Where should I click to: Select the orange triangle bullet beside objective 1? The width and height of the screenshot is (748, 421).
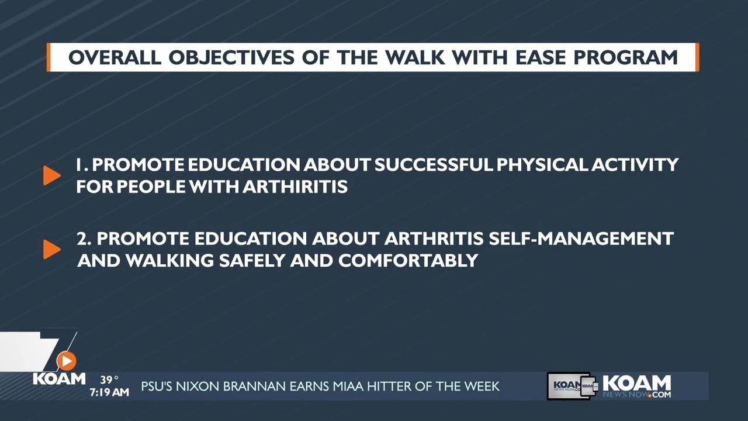(51, 175)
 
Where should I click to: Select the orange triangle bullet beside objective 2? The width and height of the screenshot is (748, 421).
(51, 249)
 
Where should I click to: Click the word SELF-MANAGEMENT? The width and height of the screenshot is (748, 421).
(581, 239)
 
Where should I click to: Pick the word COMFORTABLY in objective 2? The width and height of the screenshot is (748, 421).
(408, 260)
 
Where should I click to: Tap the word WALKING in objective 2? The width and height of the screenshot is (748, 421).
(169, 260)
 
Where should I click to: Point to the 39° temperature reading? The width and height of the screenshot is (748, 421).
(109, 380)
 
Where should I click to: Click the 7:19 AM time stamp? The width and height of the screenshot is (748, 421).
(109, 393)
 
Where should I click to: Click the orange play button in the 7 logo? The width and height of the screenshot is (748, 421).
(67, 361)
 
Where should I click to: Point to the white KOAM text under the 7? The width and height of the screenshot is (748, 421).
(59, 378)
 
